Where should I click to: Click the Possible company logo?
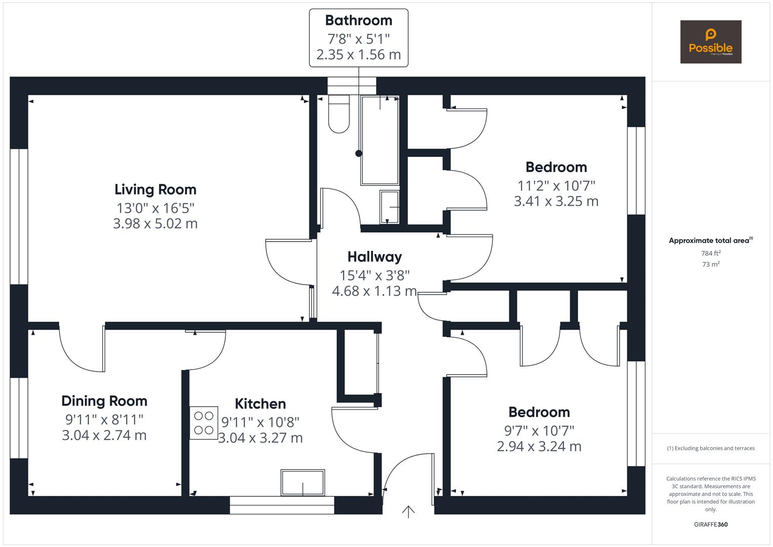coord(710,42)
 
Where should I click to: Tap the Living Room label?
coord(155,189)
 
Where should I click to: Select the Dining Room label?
coord(104,401)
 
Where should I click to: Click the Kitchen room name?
coord(260,404)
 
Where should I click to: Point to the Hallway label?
coord(374,257)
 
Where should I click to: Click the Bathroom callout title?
coord(358,20)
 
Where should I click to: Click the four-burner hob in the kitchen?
coord(204,423)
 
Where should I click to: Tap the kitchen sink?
coord(303,483)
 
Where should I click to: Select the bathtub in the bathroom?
coord(380,140)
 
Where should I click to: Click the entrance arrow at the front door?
coord(408,512)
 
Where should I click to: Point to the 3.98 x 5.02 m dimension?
coord(155,223)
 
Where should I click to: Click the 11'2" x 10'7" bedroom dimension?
coord(556,185)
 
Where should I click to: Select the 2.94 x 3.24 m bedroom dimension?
coord(539,447)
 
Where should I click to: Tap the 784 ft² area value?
coord(711,253)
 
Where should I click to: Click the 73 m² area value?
coord(711,264)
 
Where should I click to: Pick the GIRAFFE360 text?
coord(711,525)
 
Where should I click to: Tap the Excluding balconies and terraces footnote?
coord(711,448)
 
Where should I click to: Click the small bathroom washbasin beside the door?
coord(389,207)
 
